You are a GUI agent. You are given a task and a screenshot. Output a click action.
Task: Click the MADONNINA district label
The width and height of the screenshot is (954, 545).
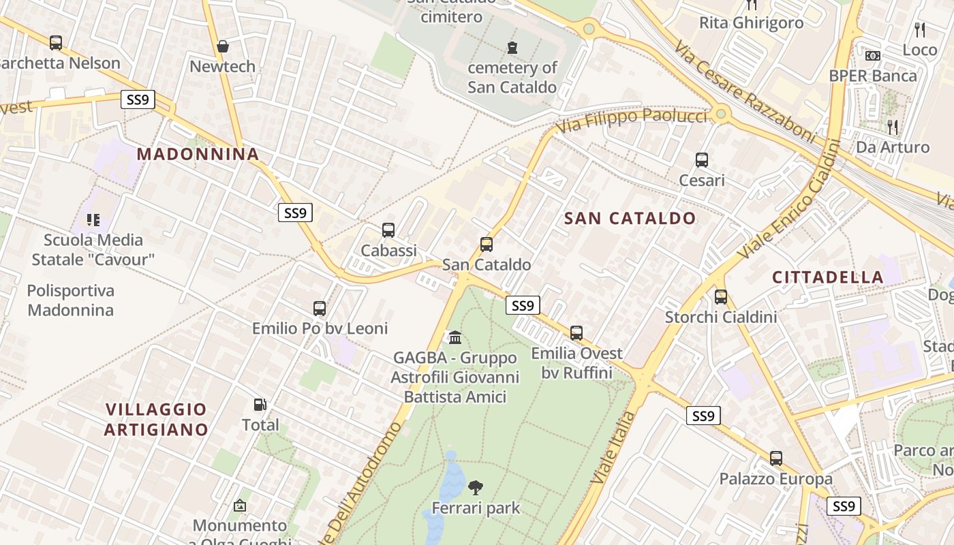pyautogui.click(x=198, y=154)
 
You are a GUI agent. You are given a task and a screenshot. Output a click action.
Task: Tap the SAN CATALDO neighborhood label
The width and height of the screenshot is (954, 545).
pyautogui.click(x=630, y=219)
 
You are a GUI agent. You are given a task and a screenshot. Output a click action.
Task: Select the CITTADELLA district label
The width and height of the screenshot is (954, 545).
pyautogui.click(x=828, y=277)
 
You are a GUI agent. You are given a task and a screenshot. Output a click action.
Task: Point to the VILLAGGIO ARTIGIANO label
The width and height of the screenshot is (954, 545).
pyautogui.click(x=157, y=419)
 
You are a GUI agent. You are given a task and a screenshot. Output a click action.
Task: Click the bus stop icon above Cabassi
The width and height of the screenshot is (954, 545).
pyautogui.click(x=388, y=230)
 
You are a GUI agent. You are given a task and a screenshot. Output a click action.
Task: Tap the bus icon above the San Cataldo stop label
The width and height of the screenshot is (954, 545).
pyautogui.click(x=487, y=244)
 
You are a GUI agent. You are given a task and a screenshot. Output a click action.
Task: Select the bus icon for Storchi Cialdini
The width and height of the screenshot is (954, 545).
pyautogui.click(x=721, y=297)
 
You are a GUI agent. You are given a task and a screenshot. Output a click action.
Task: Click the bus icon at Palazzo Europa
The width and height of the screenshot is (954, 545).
pyautogui.click(x=776, y=458)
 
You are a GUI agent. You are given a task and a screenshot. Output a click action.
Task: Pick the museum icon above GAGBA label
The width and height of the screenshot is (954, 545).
pyautogui.click(x=455, y=337)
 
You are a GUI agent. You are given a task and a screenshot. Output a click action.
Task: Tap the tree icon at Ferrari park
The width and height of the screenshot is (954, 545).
pyautogui.click(x=476, y=487)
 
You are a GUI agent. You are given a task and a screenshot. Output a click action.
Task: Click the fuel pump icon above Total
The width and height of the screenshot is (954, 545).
pyautogui.click(x=260, y=405)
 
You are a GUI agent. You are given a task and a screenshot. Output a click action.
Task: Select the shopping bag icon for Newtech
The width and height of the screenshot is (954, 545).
pyautogui.click(x=222, y=46)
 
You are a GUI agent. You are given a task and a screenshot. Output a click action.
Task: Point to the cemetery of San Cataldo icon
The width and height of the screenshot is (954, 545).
pyautogui.click(x=512, y=48)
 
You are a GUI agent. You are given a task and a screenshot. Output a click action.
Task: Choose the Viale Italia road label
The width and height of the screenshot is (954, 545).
pyautogui.click(x=609, y=448)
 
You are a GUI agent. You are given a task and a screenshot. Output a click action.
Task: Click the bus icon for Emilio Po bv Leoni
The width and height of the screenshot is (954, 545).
pyautogui.click(x=320, y=308)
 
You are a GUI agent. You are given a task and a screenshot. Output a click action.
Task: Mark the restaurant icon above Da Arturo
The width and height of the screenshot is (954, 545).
pyautogui.click(x=892, y=127)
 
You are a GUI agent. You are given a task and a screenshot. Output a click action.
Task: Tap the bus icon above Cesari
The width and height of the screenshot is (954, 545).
pyautogui.click(x=702, y=160)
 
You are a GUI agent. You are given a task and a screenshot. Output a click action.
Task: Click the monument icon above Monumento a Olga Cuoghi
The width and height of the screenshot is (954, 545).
pyautogui.click(x=239, y=505)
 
